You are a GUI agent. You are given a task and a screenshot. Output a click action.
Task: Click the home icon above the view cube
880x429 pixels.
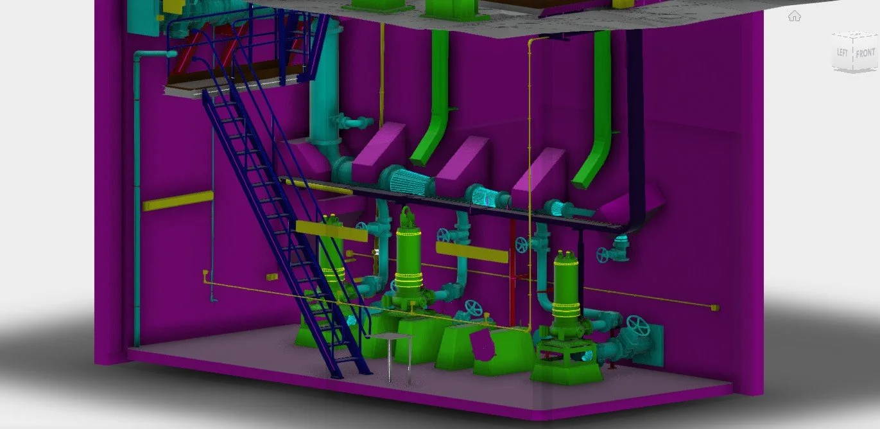[x=795, y=17]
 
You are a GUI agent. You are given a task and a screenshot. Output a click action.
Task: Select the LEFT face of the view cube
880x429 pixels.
[x=842, y=52]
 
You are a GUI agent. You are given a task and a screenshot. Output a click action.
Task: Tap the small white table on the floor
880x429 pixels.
[x=391, y=337]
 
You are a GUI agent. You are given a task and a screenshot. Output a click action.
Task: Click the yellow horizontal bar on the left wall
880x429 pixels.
[x=178, y=201]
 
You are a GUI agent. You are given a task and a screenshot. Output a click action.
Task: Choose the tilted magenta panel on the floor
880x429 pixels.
[x=485, y=345]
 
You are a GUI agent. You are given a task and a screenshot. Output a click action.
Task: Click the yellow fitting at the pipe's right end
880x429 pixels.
[x=715, y=308]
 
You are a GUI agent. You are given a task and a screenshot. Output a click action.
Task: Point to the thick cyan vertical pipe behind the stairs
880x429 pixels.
[x=325, y=96]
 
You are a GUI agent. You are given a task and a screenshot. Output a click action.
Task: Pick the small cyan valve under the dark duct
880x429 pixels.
[x=619, y=247]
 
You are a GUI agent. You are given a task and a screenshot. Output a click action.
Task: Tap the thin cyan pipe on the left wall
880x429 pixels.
[x=137, y=193]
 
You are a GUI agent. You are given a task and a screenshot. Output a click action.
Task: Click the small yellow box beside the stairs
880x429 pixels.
[x=272, y=277]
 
